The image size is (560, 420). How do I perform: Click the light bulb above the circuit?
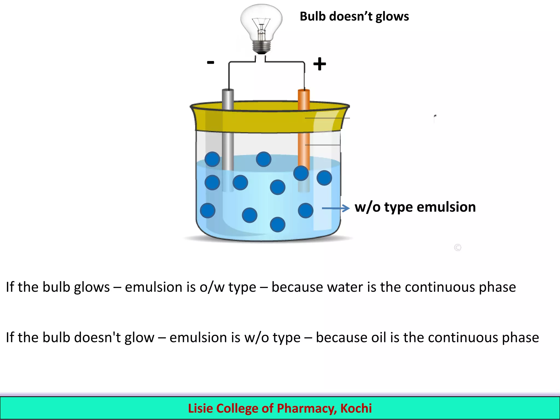coord(261,25)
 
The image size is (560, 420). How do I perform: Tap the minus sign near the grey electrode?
coord(210,62)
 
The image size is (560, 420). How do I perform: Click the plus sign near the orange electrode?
coord(319,64)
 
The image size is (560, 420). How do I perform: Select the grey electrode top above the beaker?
coord(228,98)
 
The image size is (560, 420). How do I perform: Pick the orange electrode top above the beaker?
coord(304,98)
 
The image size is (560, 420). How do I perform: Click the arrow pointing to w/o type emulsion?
coord(336,208)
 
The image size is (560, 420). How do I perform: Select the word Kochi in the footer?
coord(356,408)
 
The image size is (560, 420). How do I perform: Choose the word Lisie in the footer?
coord(200,408)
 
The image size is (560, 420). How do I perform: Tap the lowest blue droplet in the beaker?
coord(278,224)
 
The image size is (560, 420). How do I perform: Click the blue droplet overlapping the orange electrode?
coord(301,173)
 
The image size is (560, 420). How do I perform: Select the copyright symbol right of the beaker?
coord(457,247)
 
